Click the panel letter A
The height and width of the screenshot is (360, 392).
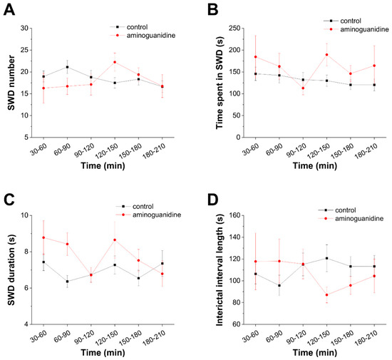9,10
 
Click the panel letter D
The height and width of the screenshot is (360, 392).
213,200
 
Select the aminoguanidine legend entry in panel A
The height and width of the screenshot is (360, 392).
143,36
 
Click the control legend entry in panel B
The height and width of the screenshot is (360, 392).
342,21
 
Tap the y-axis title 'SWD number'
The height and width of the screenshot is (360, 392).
11,83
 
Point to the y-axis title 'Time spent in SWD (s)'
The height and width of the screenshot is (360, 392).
220,83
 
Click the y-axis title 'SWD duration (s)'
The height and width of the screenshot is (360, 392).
11,269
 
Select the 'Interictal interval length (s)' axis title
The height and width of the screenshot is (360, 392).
220,270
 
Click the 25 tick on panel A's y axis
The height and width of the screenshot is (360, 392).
24,50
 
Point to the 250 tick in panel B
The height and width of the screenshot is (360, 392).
234,29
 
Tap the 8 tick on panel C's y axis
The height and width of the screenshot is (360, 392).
26,252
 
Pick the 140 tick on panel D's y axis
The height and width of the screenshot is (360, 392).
234,237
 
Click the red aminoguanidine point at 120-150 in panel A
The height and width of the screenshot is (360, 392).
115,62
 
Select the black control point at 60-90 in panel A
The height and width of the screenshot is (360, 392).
67,67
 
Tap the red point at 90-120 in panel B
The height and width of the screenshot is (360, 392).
303,88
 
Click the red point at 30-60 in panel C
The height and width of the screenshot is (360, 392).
43,237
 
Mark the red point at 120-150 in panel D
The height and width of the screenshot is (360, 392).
326,294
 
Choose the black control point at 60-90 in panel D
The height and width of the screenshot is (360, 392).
279,285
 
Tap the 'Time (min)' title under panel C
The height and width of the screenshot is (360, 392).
103,352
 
